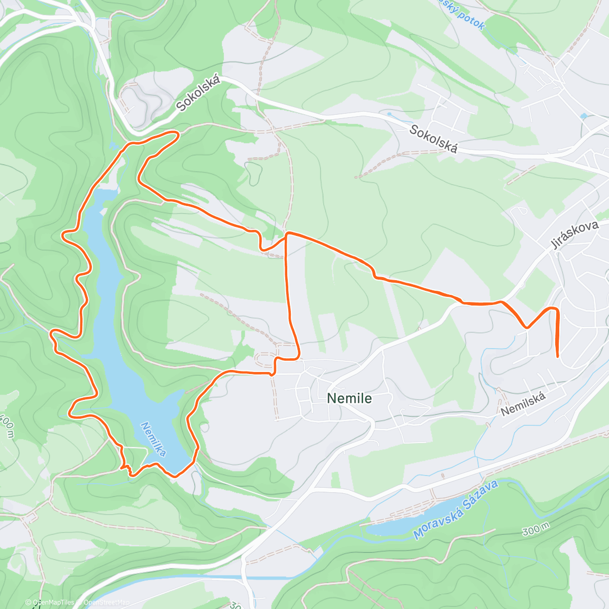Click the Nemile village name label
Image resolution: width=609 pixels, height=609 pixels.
pos(349,398)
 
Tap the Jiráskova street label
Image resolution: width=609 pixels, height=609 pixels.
pos(574,234)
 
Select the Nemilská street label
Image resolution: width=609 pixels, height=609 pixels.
pos(523,404)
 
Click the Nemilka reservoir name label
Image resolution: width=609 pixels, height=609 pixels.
pos(154,439)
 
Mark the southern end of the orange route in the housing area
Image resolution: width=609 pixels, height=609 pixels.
pos(558,357)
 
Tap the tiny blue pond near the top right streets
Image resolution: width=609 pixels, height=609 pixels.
pos(583,116)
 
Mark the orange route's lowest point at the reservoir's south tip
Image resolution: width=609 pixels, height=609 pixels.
pos(175,476)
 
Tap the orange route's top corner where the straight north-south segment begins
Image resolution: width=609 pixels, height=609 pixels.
pos(287,234)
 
